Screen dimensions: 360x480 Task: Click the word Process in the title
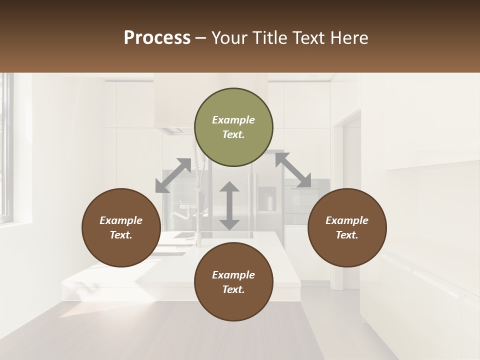tap(157, 38)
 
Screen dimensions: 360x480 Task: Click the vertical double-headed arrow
tap(229, 205)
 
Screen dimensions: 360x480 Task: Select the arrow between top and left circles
tap(173, 175)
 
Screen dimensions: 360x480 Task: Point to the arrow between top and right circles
tap(293, 170)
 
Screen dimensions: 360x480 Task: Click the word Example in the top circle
tap(233, 120)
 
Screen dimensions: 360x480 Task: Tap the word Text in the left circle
tap(121, 235)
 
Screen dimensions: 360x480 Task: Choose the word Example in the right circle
tap(347, 220)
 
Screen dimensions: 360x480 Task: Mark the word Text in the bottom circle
tap(233, 289)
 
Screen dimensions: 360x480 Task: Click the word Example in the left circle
tap(121, 220)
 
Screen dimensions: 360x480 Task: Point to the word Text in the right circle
tap(347, 235)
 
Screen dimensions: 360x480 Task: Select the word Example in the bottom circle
tap(233, 275)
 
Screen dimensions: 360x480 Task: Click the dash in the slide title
tap(201, 38)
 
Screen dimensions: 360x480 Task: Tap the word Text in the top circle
tap(233, 134)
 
